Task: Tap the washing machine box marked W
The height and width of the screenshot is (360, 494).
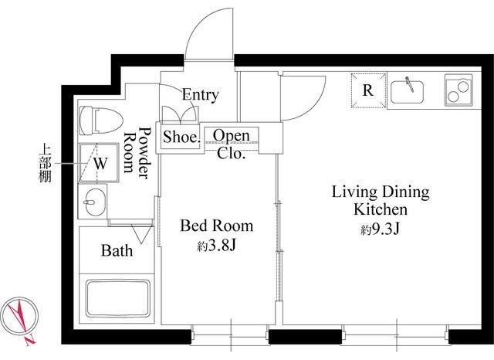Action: coord(99,163)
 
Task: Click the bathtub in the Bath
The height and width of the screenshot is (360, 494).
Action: coord(118,298)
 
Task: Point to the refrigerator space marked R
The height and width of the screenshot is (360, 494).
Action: coord(368,91)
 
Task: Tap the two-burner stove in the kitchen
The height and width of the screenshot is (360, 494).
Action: coord(458,90)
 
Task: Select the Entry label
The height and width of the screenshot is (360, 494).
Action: coord(200,94)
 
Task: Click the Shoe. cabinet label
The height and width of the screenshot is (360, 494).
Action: coord(181,138)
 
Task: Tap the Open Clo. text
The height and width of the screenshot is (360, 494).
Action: coord(232,144)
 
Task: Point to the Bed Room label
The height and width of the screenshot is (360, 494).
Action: coord(216,226)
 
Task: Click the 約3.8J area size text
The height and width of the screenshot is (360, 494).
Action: coord(216,246)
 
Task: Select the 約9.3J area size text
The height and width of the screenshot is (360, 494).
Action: coord(381,229)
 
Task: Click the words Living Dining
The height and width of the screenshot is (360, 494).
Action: coord(381,192)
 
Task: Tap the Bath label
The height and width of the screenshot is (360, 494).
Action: coord(117,251)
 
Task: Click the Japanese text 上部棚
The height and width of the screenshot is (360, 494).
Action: coord(45,164)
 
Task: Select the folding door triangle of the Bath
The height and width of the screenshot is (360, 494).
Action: coord(141,233)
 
